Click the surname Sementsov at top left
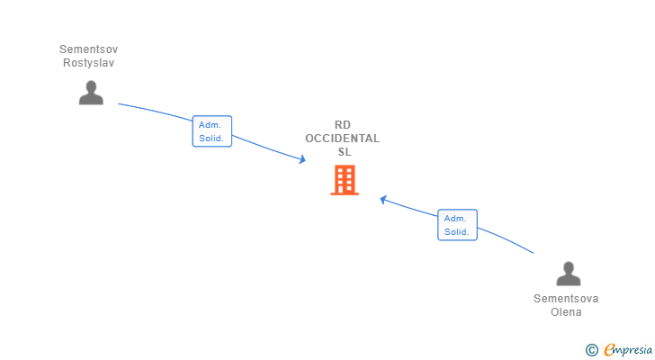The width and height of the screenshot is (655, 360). click(89, 49)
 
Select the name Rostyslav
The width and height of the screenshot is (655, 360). click(89, 63)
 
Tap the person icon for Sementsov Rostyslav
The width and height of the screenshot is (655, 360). click(91, 93)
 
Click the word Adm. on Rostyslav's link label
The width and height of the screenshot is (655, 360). click(211, 124)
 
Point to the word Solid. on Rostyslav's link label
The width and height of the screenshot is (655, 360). click(211, 139)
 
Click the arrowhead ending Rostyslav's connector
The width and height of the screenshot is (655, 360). click(302, 159)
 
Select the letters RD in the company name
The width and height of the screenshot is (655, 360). click(342, 125)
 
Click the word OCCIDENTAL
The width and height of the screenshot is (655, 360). click(342, 139)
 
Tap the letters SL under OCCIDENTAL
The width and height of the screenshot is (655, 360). click(342, 152)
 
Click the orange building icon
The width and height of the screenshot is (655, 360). click(344, 180)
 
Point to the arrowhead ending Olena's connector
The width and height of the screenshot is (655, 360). click(383, 199)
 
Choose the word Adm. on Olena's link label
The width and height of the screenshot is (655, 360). click(456, 218)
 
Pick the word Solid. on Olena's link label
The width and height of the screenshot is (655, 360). click(456, 232)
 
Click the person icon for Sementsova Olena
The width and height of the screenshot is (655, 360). click(568, 274)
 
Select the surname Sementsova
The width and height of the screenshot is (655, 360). click(566, 298)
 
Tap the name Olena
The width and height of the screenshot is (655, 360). click(566, 312)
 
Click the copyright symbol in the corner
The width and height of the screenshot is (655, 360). click(592, 349)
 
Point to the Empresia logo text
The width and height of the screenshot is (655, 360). click(628, 349)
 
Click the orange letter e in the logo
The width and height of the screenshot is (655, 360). click(609, 349)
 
